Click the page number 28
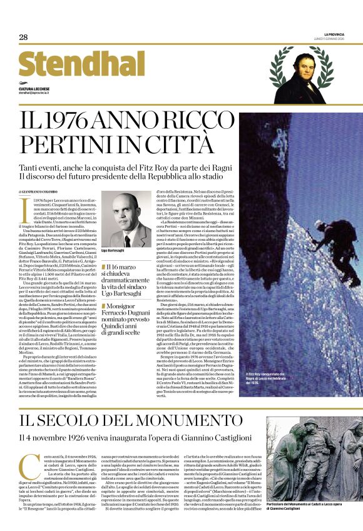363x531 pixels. point(23,38)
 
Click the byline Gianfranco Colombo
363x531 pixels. point(39,191)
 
